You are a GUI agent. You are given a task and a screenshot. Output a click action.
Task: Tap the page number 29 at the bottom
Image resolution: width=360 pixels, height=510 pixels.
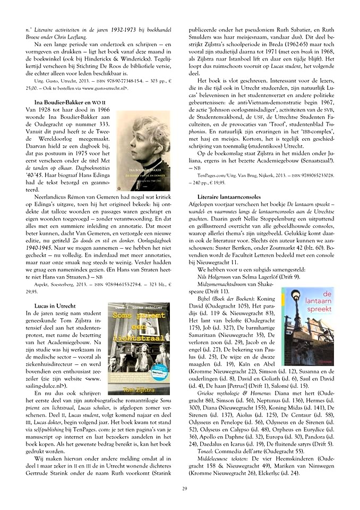click(184, 489)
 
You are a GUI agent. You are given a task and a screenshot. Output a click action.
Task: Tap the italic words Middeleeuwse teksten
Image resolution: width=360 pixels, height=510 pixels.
click(221, 457)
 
